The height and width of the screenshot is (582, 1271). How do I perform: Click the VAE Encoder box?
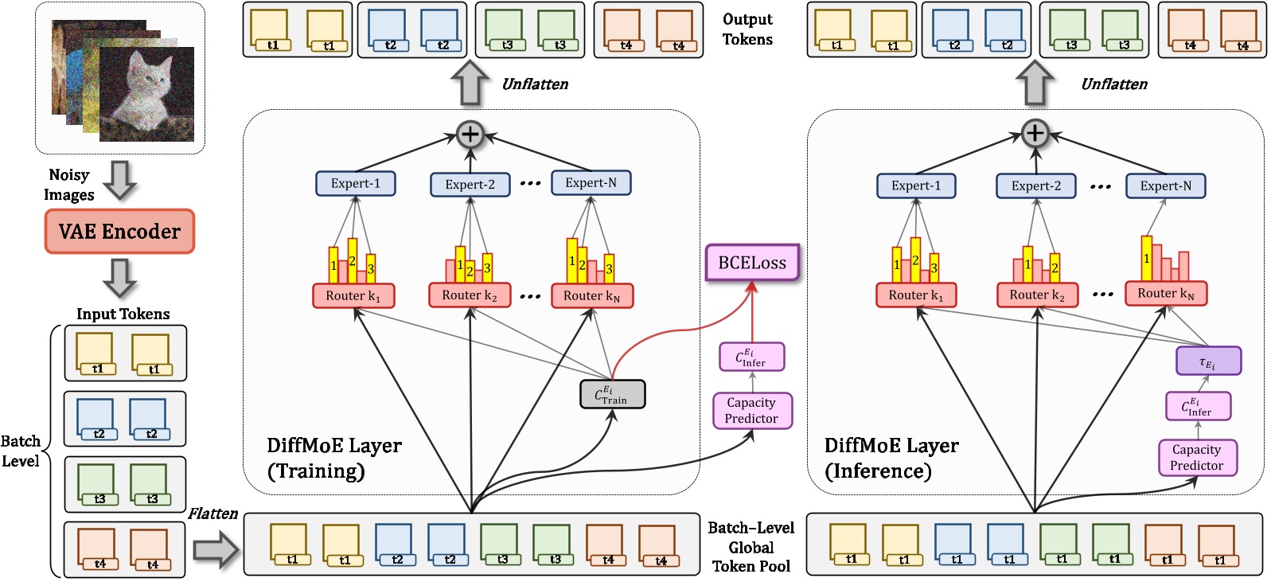point(119,232)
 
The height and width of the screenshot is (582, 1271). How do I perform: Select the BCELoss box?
point(752,263)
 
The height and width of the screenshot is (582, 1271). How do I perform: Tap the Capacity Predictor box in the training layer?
point(751,410)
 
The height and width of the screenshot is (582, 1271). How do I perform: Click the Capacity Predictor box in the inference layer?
point(1197,457)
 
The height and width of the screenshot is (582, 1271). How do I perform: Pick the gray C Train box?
point(612,394)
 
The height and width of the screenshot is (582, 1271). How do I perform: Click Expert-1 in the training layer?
point(356,183)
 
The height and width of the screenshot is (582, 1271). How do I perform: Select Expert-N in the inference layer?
point(1165,186)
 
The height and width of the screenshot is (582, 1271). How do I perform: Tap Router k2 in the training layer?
point(470,295)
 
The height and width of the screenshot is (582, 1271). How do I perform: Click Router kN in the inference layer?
point(1165,293)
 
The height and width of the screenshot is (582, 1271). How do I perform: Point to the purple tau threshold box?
point(1207,361)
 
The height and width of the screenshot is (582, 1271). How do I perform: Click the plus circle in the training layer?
point(470,134)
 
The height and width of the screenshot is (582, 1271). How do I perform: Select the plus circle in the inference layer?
point(1035,133)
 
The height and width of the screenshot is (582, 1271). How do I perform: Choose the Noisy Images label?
point(68,185)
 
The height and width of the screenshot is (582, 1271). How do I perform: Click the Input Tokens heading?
point(123,314)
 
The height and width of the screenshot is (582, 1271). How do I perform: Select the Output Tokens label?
point(747,29)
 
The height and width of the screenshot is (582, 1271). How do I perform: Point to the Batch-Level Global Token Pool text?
point(751,547)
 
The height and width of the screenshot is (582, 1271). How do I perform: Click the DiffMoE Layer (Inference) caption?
point(891,458)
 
